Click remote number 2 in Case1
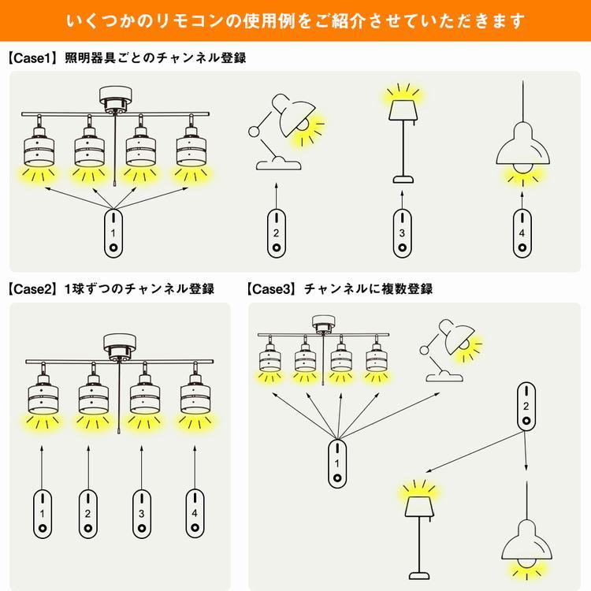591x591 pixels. click(277, 233)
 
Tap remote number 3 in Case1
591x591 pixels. click(402, 233)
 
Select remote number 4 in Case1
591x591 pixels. click(522, 233)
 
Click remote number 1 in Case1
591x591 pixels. click(113, 233)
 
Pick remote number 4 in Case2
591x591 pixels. click(195, 513)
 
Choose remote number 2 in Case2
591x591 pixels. click(87, 513)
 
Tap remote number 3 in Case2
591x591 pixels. click(142, 513)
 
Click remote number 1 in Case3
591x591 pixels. click(337, 463)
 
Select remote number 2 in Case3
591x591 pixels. click(526, 407)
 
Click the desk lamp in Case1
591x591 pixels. click(282, 132)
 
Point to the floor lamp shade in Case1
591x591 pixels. click(403, 110)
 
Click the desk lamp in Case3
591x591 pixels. click(448, 351)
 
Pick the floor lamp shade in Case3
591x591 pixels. click(420, 507)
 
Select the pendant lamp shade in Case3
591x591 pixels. click(526, 540)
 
